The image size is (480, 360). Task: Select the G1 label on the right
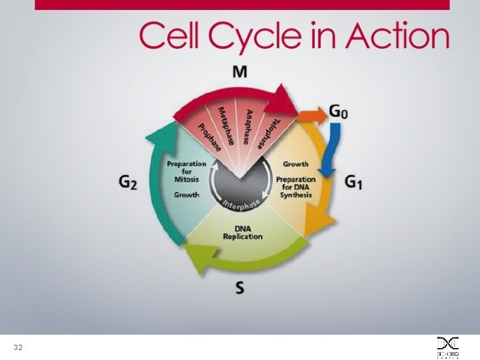tap(353, 181)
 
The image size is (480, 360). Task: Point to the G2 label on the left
tap(127, 181)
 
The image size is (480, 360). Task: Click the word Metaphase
tap(227, 125)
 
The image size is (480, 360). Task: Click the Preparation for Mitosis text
tap(187, 171)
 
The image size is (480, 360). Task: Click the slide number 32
tap(18, 348)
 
